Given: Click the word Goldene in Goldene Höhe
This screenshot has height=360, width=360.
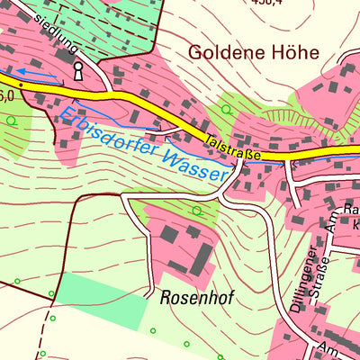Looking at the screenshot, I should point(220,53).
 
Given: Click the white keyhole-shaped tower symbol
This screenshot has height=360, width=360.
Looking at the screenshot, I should point(78,69).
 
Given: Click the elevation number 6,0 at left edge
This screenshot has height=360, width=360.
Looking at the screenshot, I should point(6,94).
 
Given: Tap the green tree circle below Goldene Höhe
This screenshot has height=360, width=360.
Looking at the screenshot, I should point(226,110).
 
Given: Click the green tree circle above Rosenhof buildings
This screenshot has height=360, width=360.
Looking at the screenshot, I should point(197,211).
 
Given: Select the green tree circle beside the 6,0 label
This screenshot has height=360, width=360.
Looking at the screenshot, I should point(11,120).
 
